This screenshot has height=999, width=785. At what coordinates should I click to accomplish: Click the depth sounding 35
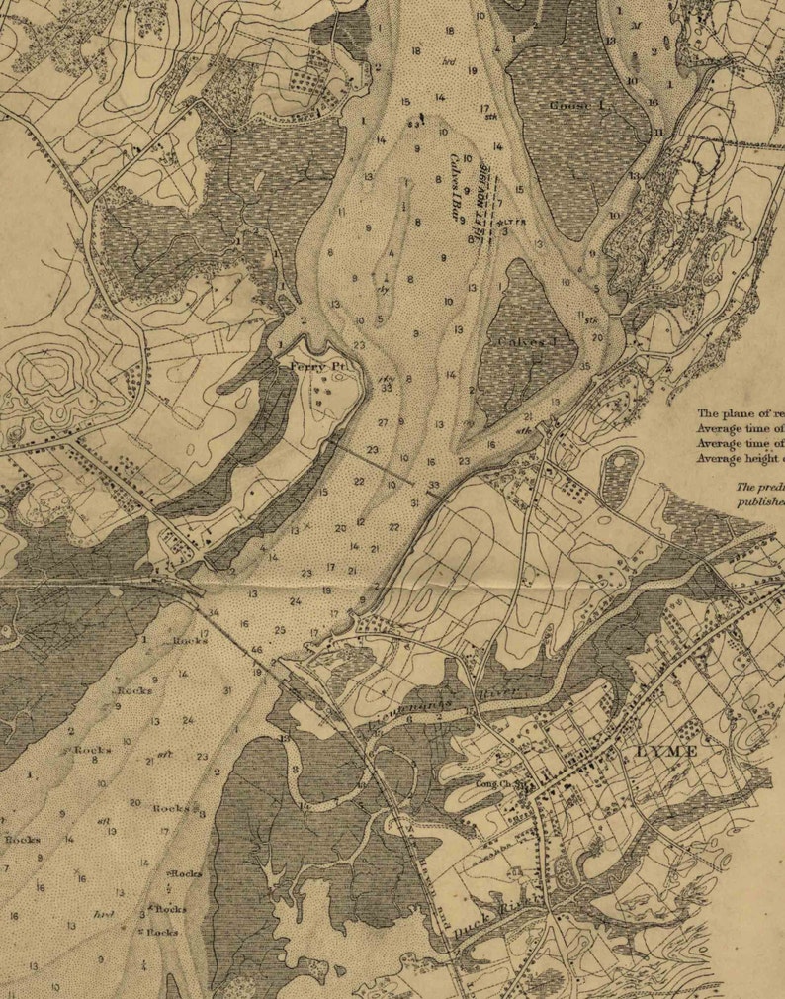click(585, 366)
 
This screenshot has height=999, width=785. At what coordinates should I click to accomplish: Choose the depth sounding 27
click(383, 422)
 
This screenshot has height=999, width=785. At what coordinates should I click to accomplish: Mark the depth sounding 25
click(280, 630)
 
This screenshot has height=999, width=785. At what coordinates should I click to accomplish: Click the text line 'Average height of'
click(741, 458)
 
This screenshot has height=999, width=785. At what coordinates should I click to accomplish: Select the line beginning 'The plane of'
click(740, 413)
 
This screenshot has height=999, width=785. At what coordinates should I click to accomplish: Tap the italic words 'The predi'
click(759, 487)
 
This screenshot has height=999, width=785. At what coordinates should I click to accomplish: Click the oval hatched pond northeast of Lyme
click(620, 477)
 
